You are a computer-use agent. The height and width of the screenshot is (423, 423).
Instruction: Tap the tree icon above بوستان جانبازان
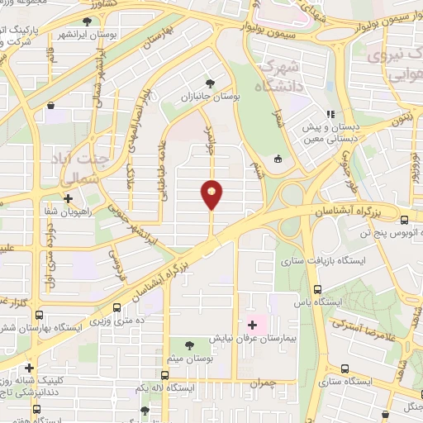pos(211,83)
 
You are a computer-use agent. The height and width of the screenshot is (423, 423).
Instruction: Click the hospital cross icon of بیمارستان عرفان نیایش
pos(252,324)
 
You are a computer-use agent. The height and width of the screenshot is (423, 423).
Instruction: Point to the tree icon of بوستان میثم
pos(191,345)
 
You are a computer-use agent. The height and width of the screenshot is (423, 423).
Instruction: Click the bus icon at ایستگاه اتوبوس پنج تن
pos(404,220)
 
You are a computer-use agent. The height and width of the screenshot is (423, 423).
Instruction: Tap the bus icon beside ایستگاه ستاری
pos(341,369)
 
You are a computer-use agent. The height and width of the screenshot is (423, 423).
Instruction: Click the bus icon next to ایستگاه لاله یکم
pos(165,364)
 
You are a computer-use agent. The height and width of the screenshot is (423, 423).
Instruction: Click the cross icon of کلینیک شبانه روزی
pos(30,368)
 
